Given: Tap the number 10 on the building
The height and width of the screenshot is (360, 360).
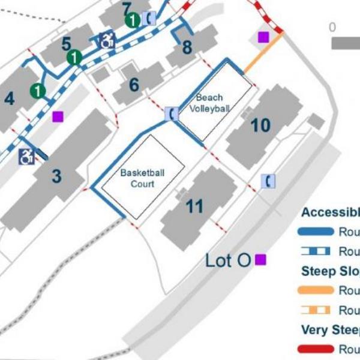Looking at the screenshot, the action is [260, 125].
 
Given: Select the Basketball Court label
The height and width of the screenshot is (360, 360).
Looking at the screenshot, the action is [142, 178].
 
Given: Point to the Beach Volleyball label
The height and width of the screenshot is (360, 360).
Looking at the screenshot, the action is [209, 103].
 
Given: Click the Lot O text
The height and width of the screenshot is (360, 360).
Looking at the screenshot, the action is [227, 260].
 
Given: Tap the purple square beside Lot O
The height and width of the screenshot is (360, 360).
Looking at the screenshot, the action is [260, 260].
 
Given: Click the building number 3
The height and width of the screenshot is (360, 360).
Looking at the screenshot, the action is [56, 176].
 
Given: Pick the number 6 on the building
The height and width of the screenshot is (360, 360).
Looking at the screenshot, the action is [134, 85].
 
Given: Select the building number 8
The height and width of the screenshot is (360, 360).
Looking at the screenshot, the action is [187, 47].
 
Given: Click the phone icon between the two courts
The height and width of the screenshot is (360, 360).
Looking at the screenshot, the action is [172, 113].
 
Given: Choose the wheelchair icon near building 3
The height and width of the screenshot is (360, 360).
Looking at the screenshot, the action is [26, 157].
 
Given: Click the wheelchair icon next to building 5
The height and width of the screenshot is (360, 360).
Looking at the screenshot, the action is [107, 40].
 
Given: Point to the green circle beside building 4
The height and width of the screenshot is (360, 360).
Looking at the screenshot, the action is [38, 91].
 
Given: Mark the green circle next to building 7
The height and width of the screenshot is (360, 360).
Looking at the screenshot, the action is [132, 21].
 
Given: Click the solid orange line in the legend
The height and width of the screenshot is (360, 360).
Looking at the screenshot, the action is [316, 290].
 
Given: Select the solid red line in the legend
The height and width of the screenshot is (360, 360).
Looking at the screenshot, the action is [316, 349].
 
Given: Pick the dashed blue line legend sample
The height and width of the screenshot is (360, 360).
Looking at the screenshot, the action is [316, 251].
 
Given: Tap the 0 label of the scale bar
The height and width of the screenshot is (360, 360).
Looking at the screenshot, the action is [332, 28].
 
